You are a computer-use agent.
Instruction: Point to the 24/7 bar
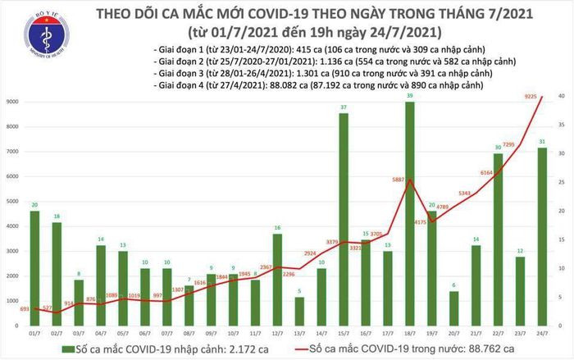pyautogui.click(x=543, y=237)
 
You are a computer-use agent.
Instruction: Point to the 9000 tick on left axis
pyautogui.click(x=13, y=103)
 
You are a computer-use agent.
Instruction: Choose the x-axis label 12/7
pyautogui.click(x=278, y=334)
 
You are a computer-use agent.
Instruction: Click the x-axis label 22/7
pyautogui.click(x=498, y=334)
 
